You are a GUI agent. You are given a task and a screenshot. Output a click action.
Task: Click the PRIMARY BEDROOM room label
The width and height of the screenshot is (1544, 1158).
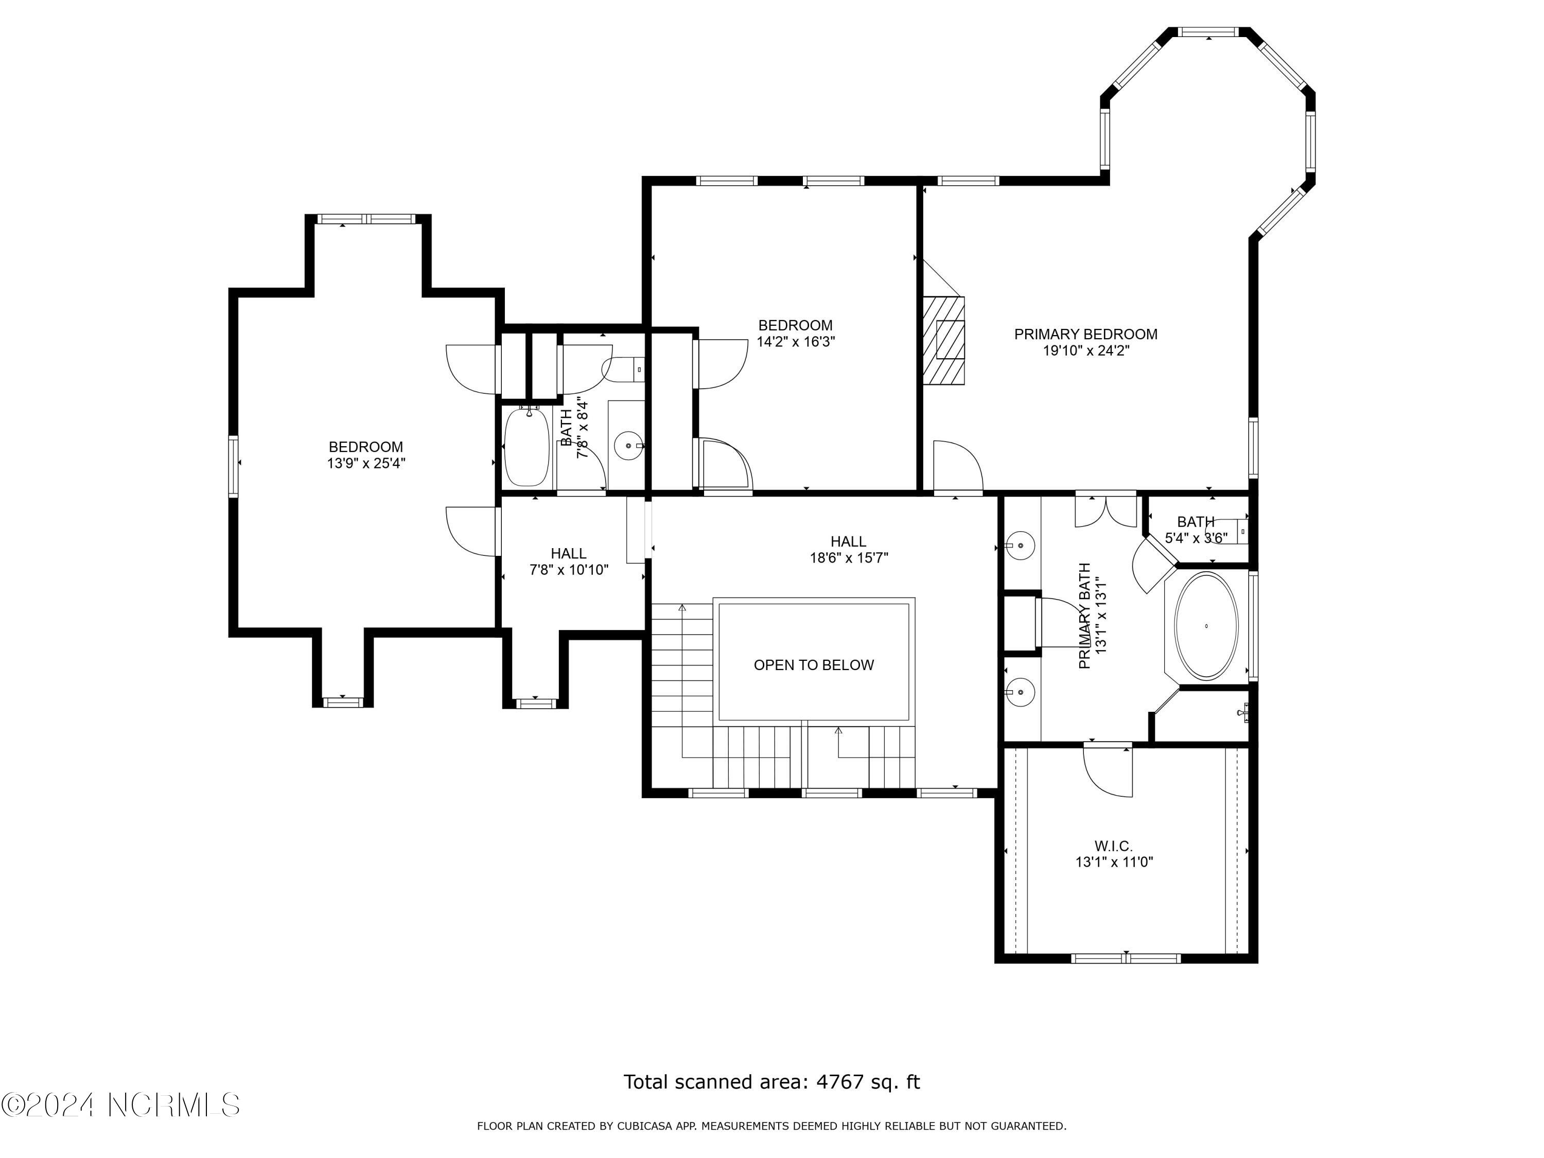[x=1085, y=335]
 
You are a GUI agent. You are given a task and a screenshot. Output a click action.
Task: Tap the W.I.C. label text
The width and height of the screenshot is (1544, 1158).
[x=1113, y=846]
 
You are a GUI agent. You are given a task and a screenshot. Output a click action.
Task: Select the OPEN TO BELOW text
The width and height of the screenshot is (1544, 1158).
[x=813, y=665]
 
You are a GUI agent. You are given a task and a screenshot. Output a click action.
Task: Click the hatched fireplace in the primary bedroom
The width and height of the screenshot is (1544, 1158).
[x=944, y=340]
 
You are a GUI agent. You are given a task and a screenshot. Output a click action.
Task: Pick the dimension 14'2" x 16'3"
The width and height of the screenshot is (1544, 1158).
[x=796, y=342]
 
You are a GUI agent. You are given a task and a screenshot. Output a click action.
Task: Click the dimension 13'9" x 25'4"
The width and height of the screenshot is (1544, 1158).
[x=366, y=464]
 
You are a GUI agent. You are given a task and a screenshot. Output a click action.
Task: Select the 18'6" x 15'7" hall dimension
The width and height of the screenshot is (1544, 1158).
[x=849, y=558]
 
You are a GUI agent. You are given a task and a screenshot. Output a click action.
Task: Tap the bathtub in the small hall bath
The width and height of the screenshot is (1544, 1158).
[x=528, y=446]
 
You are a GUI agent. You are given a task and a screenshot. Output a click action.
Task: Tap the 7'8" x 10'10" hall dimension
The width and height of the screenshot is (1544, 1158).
[x=569, y=570]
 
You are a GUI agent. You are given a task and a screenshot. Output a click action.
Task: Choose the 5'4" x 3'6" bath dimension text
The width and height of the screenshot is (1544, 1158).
[x=1196, y=538]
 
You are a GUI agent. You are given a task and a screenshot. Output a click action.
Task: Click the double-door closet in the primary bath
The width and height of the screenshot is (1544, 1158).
[x=1106, y=510]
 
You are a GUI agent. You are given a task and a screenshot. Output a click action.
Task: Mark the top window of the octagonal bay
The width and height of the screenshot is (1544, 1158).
[x=1209, y=31]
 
